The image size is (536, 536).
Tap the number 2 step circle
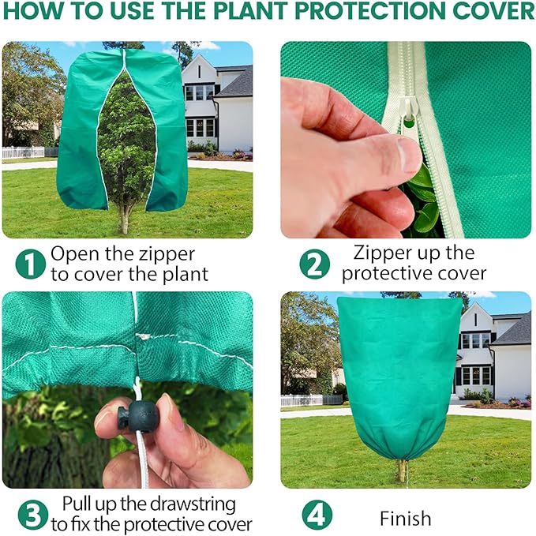tap(314, 264)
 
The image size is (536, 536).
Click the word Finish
tap(405, 519)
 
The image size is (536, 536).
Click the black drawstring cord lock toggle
tap(142, 415)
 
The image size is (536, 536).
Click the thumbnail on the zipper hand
tap(409, 155)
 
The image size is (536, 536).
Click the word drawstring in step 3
tap(166, 503)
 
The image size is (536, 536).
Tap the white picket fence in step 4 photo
tap(302, 400)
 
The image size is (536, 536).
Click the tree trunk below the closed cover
tap(403, 470)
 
